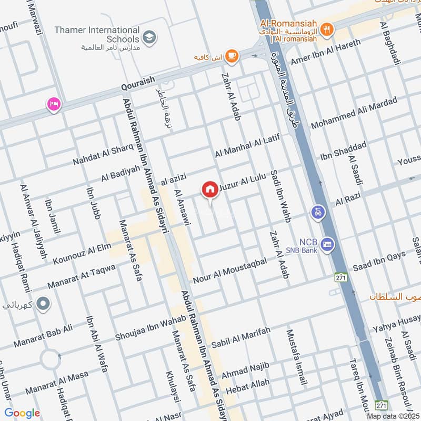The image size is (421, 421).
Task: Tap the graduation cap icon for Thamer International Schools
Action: click(x=149, y=37)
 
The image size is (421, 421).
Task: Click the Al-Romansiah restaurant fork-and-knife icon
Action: click(x=327, y=29)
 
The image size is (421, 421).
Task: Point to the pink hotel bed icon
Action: click(x=53, y=104)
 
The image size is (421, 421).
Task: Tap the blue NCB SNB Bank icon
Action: click(x=328, y=245)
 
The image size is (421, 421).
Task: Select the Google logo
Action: click(x=22, y=413)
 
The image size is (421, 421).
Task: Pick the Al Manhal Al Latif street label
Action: click(x=245, y=146)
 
